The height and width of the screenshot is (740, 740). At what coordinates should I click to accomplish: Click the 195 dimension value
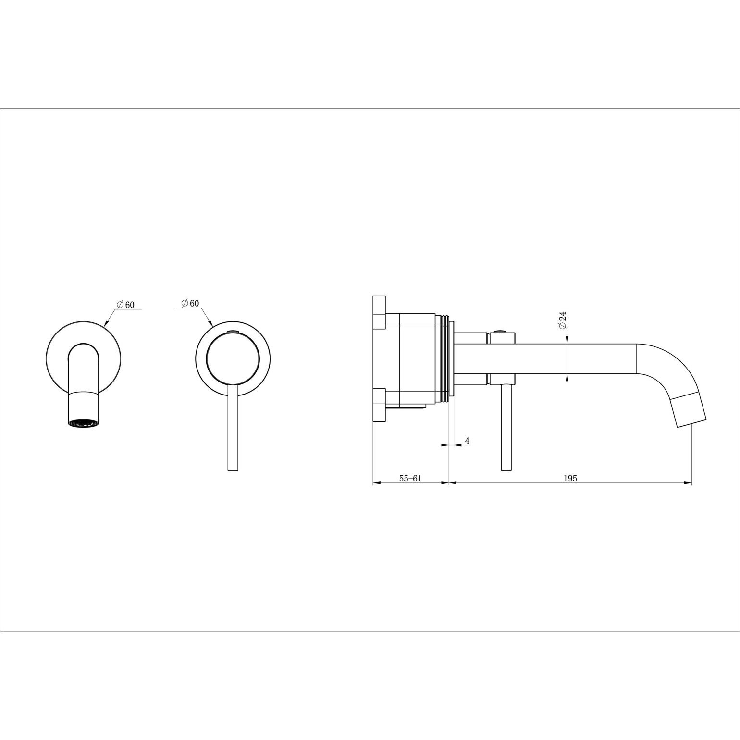click(571, 478)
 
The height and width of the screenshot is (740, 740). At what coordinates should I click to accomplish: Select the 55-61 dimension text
click(410, 478)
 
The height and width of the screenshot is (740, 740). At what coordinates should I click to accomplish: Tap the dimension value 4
click(467, 441)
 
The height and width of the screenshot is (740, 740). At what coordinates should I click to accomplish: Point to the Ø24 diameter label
click(563, 321)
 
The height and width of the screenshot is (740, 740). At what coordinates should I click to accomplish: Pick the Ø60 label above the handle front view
click(190, 303)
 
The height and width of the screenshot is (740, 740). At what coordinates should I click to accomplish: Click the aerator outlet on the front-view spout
click(84, 423)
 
